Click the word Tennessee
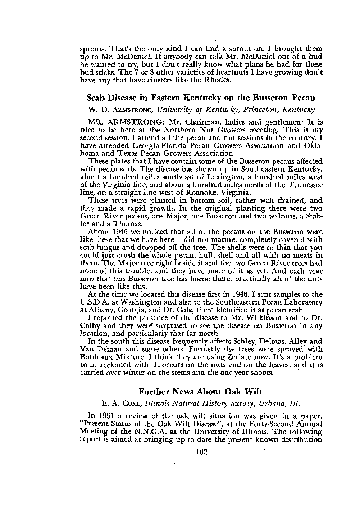(304, 185)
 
